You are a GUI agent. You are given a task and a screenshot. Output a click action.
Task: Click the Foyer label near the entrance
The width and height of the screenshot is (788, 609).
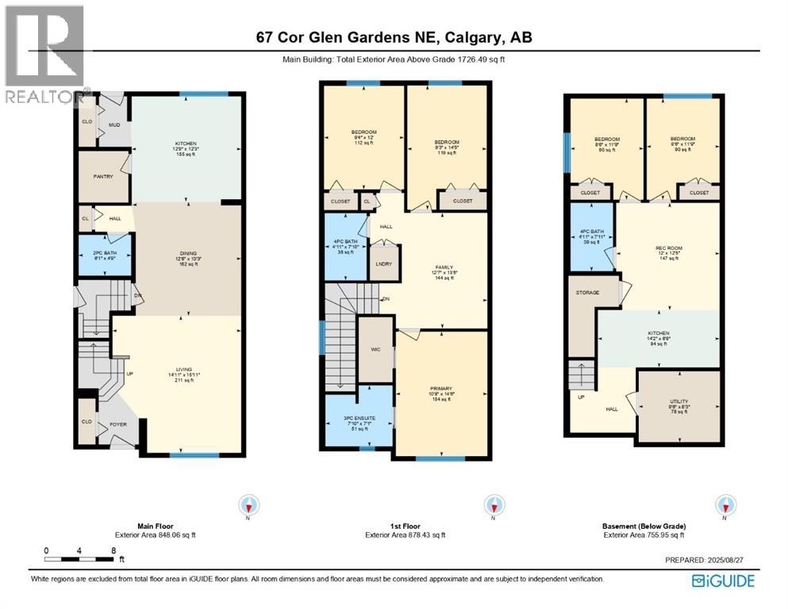(117, 423)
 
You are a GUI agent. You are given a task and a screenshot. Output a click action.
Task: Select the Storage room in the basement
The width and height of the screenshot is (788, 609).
(588, 293)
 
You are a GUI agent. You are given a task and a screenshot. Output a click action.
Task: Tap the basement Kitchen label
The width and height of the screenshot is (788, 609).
(658, 333)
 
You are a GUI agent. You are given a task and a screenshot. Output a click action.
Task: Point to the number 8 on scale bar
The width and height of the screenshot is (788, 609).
(114, 550)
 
